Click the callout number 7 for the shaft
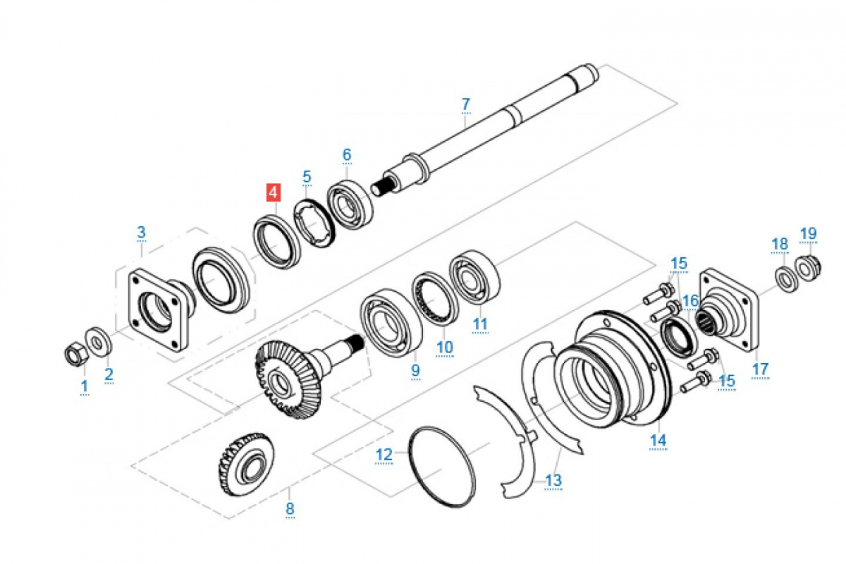tap(465, 104)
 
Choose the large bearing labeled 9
tap(390, 324)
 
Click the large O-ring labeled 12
tap(442, 465)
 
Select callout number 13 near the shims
tap(554, 481)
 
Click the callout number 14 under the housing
tap(658, 440)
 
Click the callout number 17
tap(760, 369)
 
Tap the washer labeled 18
tap(785, 276)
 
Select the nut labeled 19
tap(807, 266)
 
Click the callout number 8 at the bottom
tap(290, 508)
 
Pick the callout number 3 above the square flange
tap(141, 232)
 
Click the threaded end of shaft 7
tap(381, 188)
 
